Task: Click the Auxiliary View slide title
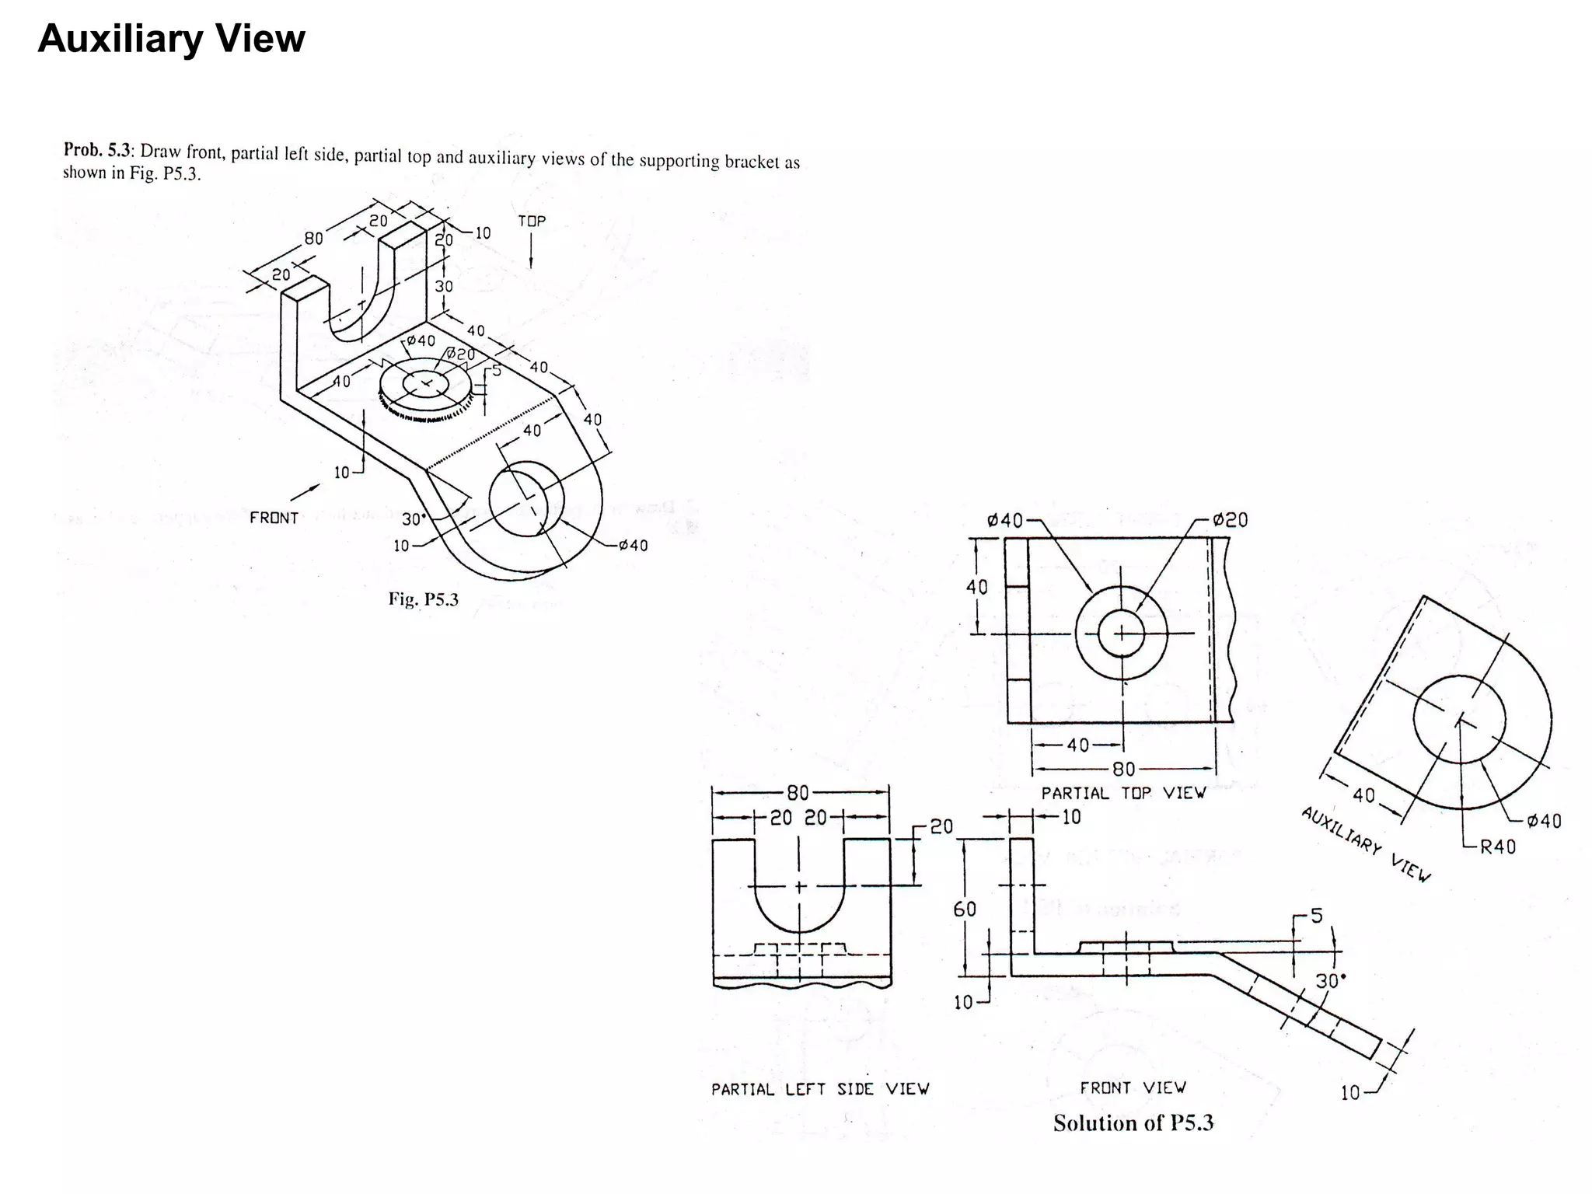pyautogui.click(x=171, y=39)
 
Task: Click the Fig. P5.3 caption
pyautogui.click(x=424, y=599)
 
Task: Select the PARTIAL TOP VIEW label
pyautogui.click(x=1123, y=793)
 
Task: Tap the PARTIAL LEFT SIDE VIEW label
pyautogui.click(x=820, y=1089)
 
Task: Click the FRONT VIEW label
pyautogui.click(x=1133, y=1088)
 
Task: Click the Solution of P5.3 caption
pyautogui.click(x=1133, y=1123)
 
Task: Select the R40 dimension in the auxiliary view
pyautogui.click(x=1497, y=847)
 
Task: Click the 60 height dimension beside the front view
pyautogui.click(x=965, y=909)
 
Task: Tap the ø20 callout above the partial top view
pyautogui.click(x=1230, y=520)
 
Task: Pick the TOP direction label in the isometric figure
pyautogui.click(x=532, y=222)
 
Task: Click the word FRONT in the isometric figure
pyautogui.click(x=274, y=518)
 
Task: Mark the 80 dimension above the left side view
pyautogui.click(x=798, y=793)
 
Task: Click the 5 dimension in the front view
pyautogui.click(x=1316, y=916)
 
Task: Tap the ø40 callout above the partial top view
pyautogui.click(x=1005, y=520)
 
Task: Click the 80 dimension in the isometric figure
pyautogui.click(x=313, y=239)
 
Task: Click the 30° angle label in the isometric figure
pyautogui.click(x=413, y=518)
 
